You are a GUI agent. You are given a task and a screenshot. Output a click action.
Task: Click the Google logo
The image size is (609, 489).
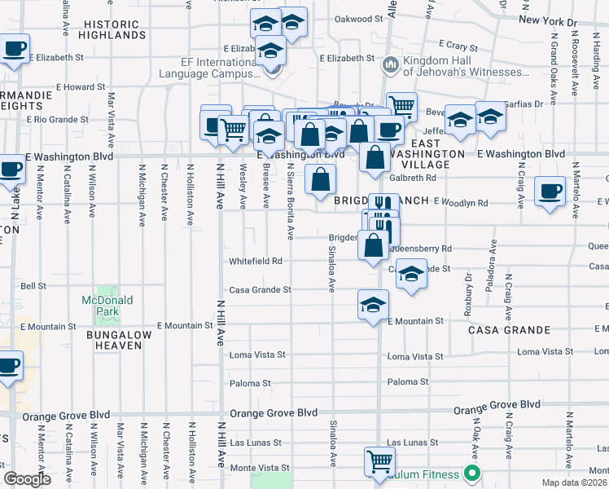pos(27,479)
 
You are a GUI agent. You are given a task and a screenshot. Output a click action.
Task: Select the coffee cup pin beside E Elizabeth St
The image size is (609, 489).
pos(15,49)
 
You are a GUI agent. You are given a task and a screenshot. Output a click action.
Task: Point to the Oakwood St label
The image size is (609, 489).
pos(358,19)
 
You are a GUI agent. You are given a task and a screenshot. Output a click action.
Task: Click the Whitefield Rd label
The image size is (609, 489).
pos(255,262)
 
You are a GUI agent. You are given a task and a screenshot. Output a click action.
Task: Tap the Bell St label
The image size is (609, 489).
pos(33,286)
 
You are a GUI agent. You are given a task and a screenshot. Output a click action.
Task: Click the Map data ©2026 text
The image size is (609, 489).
pos(576,482)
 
